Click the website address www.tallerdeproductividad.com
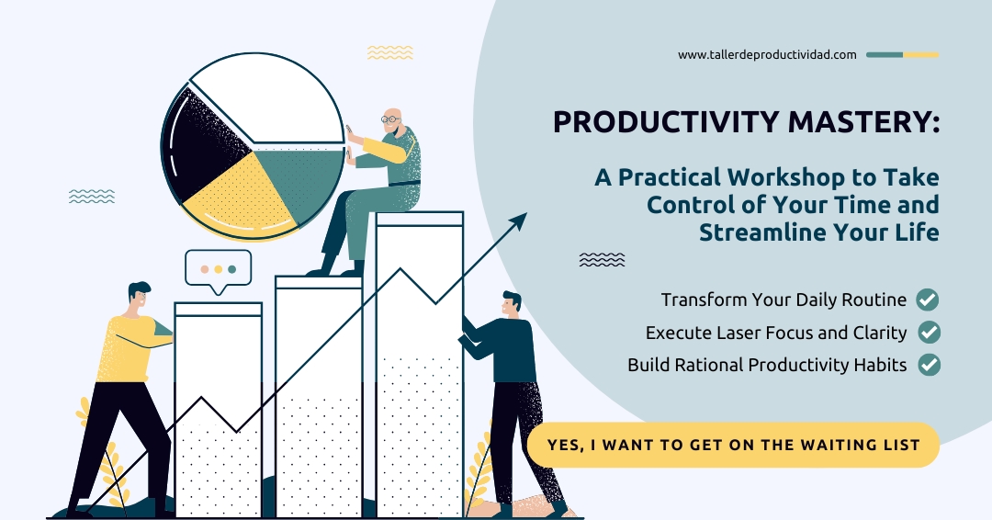(767, 55)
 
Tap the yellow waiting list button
(733, 445)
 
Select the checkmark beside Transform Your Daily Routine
(928, 300)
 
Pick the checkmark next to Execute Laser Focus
(930, 332)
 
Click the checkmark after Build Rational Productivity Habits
(930, 365)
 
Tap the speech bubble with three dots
(219, 271)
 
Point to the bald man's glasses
(391, 119)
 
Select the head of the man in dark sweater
(512, 306)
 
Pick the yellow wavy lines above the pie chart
(389, 52)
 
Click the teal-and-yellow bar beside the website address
(902, 55)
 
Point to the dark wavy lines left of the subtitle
(602, 259)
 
